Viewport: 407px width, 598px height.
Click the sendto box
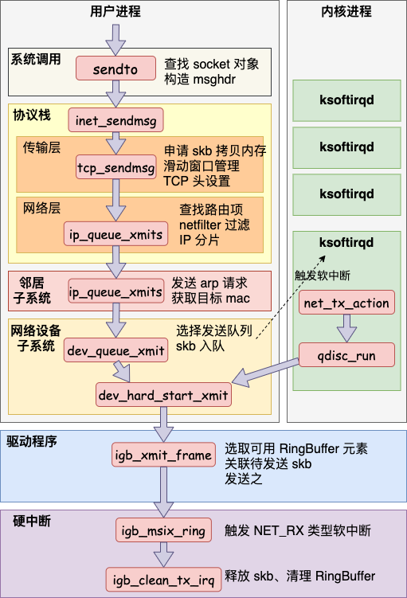[115, 68]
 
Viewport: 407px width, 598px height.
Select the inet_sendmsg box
[115, 120]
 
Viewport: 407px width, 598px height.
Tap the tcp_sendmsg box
[116, 167]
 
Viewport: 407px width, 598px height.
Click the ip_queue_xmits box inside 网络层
[115, 234]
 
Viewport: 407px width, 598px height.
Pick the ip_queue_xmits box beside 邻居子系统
[115, 291]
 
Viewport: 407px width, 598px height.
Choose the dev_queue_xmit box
[115, 350]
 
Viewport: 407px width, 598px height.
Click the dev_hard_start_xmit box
[163, 394]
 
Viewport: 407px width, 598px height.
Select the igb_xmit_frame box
[163, 454]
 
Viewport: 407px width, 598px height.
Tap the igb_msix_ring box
[163, 530]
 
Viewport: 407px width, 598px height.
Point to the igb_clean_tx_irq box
[163, 580]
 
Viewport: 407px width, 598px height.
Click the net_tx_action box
[346, 303]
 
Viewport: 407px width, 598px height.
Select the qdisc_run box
[346, 354]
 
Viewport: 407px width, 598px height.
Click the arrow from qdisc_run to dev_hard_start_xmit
[265, 373]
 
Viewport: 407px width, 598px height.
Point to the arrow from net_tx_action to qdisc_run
[346, 328]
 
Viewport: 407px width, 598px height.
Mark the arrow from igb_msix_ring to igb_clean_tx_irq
[163, 554]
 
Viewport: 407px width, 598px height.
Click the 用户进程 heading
[115, 11]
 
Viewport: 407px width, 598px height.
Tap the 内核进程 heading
[346, 11]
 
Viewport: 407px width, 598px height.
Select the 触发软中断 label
[323, 276]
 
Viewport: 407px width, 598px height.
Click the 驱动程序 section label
[32, 441]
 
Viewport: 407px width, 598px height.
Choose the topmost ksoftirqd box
[346, 100]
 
